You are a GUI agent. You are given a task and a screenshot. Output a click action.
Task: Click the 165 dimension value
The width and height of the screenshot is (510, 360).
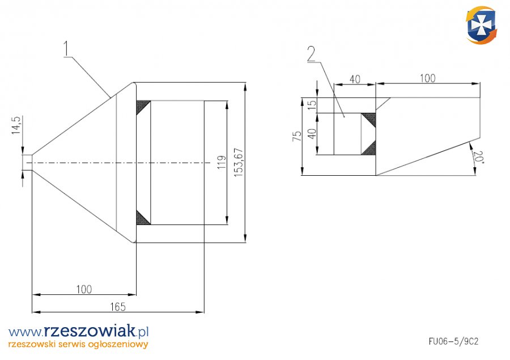click(117, 307)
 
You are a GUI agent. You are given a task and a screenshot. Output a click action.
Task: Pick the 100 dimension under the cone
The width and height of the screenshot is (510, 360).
click(83, 289)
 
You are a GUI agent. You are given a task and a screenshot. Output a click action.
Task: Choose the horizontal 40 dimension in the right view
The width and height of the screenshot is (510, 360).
click(355, 79)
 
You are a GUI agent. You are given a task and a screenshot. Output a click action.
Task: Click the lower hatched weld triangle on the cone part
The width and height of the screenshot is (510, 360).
click(143, 218)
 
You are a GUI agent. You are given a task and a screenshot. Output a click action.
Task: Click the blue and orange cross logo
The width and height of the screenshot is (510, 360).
click(482, 25)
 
